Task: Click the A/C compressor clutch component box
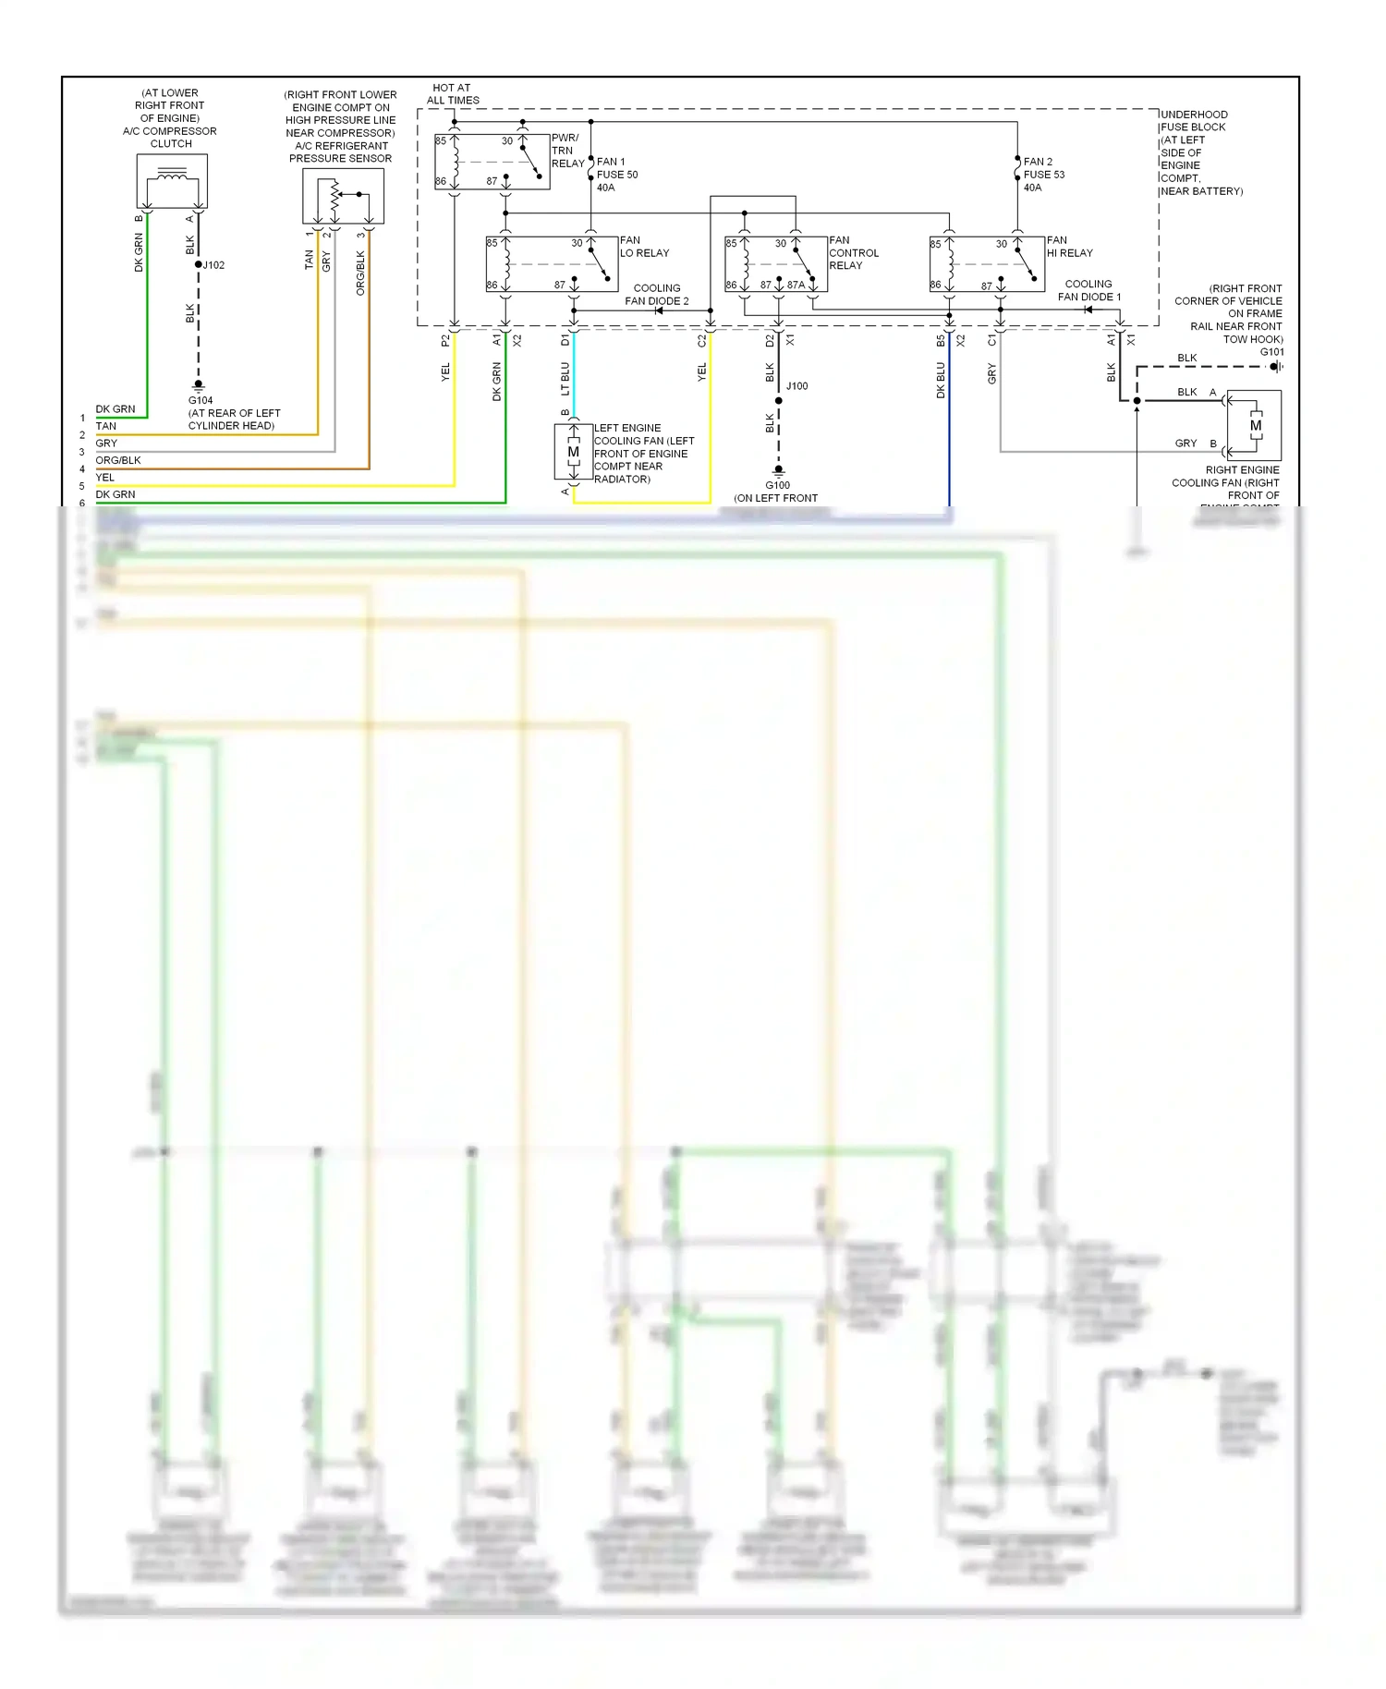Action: pyautogui.click(x=172, y=181)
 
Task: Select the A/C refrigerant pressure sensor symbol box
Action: pyautogui.click(x=343, y=197)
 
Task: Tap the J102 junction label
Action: pyautogui.click(x=213, y=265)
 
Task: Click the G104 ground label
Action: pyautogui.click(x=201, y=401)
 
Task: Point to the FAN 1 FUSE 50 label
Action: pyautogui.click(x=616, y=175)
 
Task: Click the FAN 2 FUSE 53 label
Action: pyautogui.click(x=1043, y=175)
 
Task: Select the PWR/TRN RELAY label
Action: pyautogui.click(x=567, y=151)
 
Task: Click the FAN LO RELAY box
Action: pyautogui.click(x=552, y=264)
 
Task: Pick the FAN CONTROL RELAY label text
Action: pyautogui.click(x=853, y=253)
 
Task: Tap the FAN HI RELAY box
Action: pyautogui.click(x=986, y=264)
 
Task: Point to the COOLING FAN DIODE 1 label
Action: pyautogui.click(x=1088, y=291)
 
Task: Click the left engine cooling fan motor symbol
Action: pyautogui.click(x=573, y=452)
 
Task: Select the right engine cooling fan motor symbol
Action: pyautogui.click(x=1255, y=425)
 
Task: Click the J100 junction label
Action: pyautogui.click(x=796, y=386)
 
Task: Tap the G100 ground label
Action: pyautogui.click(x=777, y=485)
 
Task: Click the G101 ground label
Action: pyautogui.click(x=1271, y=352)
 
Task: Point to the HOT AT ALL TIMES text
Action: pyautogui.click(x=452, y=94)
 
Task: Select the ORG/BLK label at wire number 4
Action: pyautogui.click(x=118, y=460)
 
